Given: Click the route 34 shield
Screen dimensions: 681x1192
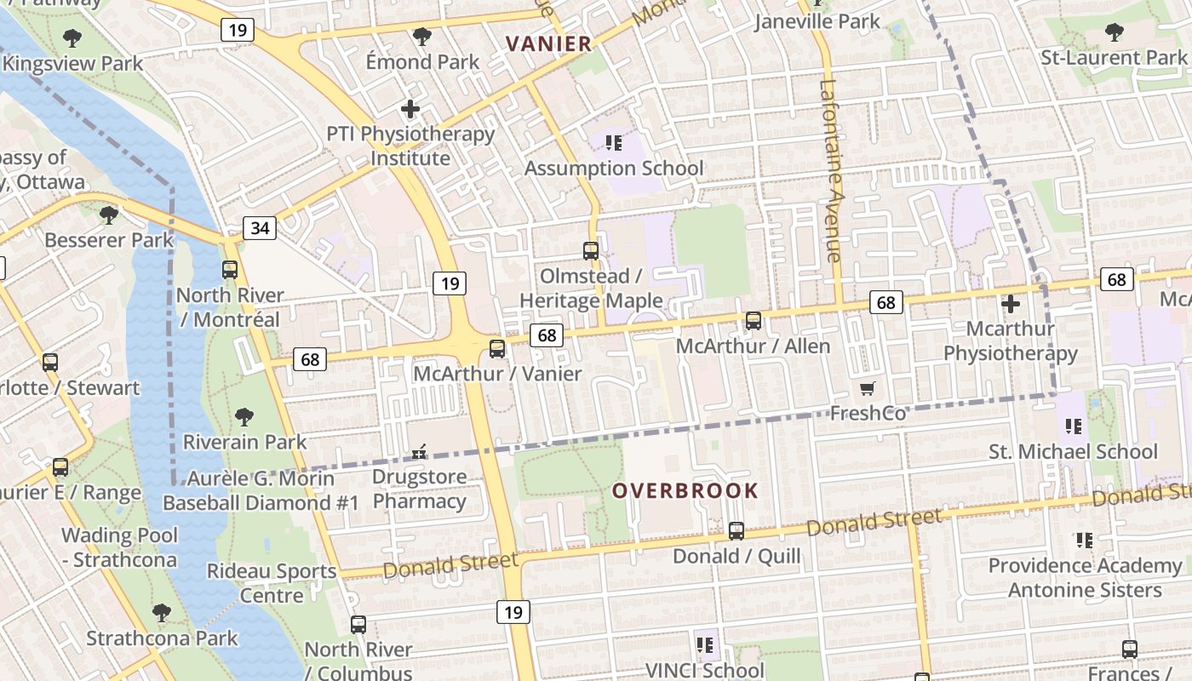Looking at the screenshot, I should [x=260, y=227].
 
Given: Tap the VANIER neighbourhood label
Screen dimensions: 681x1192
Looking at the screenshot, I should [x=548, y=43].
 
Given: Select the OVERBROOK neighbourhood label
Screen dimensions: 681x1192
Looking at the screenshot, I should [x=685, y=490].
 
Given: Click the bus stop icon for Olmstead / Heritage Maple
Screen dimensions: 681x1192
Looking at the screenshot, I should [x=591, y=251].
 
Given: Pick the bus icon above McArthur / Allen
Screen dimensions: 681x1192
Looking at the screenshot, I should [x=754, y=321].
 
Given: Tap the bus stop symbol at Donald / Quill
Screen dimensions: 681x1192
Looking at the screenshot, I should [x=736, y=531].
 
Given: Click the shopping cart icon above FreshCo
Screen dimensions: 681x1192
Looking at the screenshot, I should [x=867, y=389].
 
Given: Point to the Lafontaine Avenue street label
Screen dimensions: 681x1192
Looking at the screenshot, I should [x=831, y=170].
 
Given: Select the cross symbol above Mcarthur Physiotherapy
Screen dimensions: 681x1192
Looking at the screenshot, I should [x=1011, y=303].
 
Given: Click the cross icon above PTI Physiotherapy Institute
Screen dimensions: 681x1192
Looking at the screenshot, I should [x=410, y=109].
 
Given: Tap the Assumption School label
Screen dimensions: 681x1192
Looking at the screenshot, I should [x=614, y=168].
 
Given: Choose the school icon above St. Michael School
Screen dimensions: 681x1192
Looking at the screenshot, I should [x=1073, y=426].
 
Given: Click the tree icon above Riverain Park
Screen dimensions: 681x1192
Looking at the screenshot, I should [x=244, y=416].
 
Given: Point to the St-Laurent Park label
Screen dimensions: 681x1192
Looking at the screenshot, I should [x=1114, y=58].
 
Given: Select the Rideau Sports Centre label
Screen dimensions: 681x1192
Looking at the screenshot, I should [x=272, y=583].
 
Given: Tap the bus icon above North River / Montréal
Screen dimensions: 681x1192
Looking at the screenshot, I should [x=230, y=270].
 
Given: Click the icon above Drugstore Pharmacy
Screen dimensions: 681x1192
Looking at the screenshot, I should [x=419, y=452].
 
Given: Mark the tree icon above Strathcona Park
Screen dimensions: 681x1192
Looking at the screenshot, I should [x=162, y=612].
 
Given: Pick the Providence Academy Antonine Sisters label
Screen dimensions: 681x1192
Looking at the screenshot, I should [x=1085, y=577].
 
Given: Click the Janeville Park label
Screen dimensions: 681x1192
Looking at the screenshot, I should [x=817, y=21].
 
